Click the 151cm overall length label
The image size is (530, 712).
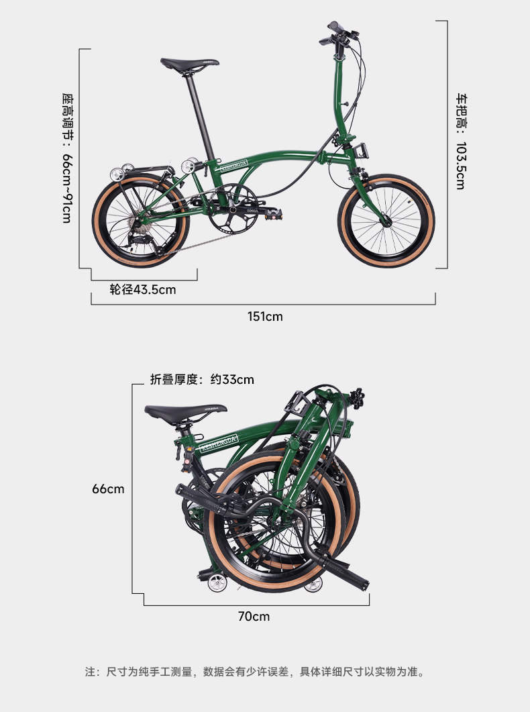pyautogui.click(x=265, y=316)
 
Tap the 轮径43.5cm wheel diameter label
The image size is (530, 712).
pyautogui.click(x=143, y=290)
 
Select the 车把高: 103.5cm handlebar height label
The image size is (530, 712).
pyautogui.click(x=460, y=141)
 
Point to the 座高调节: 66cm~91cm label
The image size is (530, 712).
pyautogui.click(x=66, y=158)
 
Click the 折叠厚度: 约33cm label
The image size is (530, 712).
pyautogui.click(x=202, y=379)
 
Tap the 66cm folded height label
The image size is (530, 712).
pyautogui.click(x=108, y=489)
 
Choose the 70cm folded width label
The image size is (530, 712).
pyautogui.click(x=254, y=615)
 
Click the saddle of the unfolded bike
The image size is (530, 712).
pyautogui.click(x=189, y=64)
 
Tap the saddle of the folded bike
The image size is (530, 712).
pyautogui.click(x=185, y=411)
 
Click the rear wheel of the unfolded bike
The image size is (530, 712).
pyautogui.click(x=140, y=221)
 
